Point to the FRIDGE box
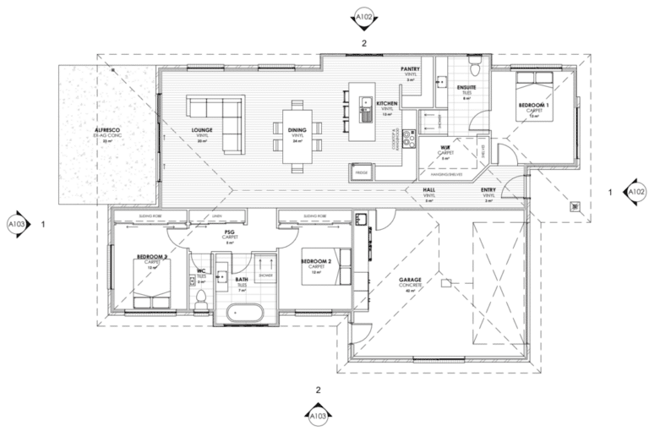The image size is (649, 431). click(362, 172)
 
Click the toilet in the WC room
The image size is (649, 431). click(201, 297)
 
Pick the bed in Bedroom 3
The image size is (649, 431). click(152, 281)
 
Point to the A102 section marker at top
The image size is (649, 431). click(363, 16)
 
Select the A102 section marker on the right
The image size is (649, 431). click(635, 193)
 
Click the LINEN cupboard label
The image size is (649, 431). click(216, 216)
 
